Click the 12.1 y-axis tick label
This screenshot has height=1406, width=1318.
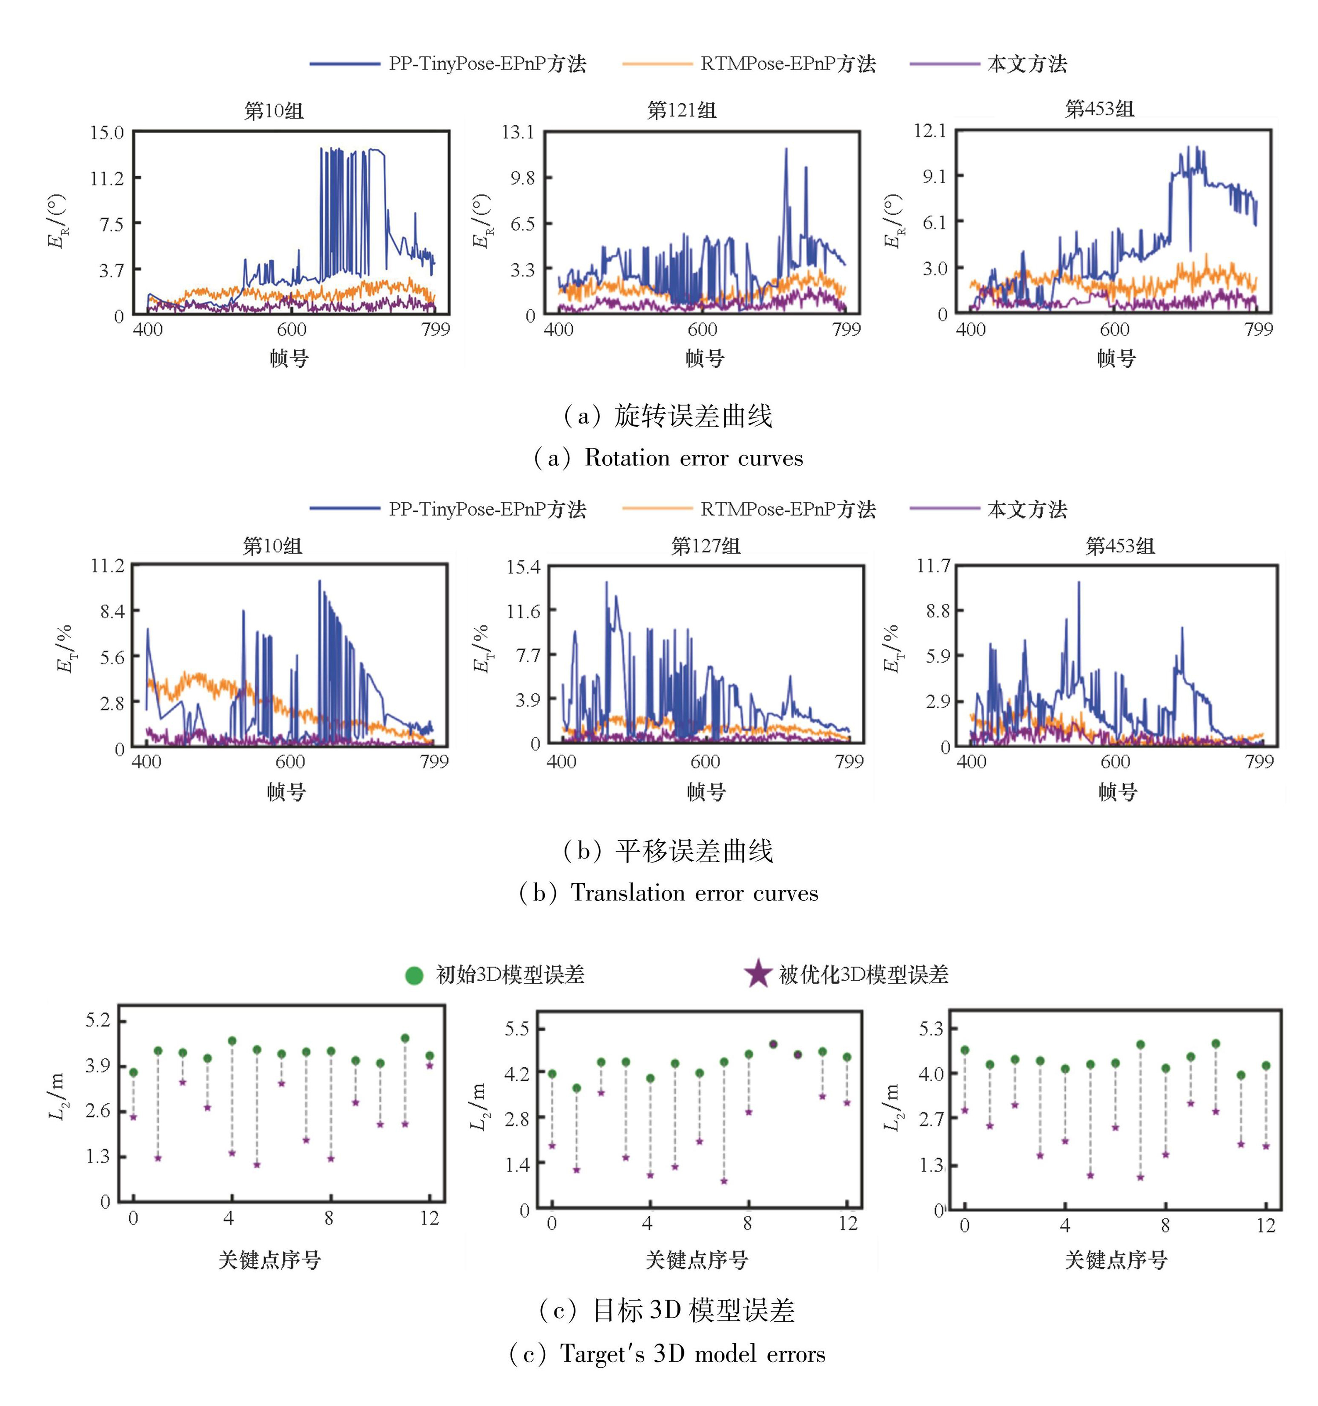tap(929, 131)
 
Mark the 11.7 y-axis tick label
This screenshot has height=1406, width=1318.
tap(933, 566)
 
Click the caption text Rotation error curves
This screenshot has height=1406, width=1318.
tap(693, 458)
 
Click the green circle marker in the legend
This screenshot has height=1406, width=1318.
tap(414, 976)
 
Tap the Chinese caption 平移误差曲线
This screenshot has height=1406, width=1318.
tap(694, 851)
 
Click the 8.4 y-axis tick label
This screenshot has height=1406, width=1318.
tap(112, 612)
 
